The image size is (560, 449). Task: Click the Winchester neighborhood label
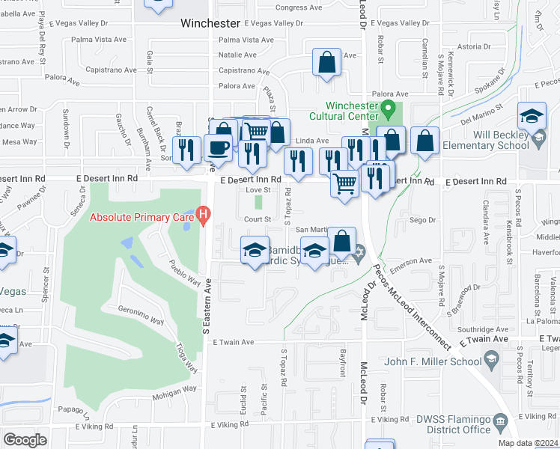[x=210, y=23]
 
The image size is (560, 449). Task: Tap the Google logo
[x=25, y=440]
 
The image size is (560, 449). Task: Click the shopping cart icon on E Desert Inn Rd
[x=344, y=183]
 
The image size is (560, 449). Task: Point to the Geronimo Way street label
[x=140, y=314]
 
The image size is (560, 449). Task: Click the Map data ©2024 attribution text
[x=529, y=443]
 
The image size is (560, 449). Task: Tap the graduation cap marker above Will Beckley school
[x=532, y=116]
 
